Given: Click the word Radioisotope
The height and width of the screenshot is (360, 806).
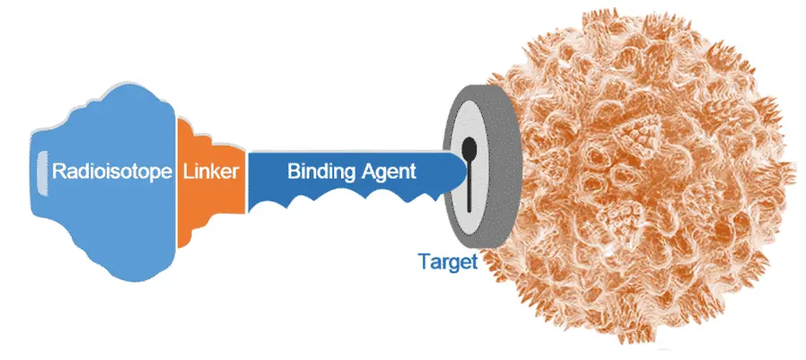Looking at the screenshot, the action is pyautogui.click(x=112, y=171).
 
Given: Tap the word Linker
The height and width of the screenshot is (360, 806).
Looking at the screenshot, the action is pyautogui.click(x=211, y=171).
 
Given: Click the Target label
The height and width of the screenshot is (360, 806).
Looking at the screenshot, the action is pyautogui.click(x=448, y=261).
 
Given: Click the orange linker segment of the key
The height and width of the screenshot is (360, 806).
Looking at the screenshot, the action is pyautogui.click(x=211, y=182).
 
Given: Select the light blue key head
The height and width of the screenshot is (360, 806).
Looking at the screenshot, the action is pyautogui.click(x=103, y=182).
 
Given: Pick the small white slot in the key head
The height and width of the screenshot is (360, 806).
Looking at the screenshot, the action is pyautogui.click(x=41, y=173).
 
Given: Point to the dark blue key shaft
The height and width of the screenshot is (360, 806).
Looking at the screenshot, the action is pyautogui.click(x=355, y=178).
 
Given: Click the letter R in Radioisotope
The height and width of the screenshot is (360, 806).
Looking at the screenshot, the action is pyautogui.click(x=59, y=171).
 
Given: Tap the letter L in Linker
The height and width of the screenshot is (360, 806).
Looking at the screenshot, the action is pyautogui.click(x=188, y=171).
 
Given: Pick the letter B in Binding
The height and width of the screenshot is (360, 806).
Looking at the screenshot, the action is pyautogui.click(x=293, y=171).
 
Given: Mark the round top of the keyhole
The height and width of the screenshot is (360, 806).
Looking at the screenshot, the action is pyautogui.click(x=469, y=147).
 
